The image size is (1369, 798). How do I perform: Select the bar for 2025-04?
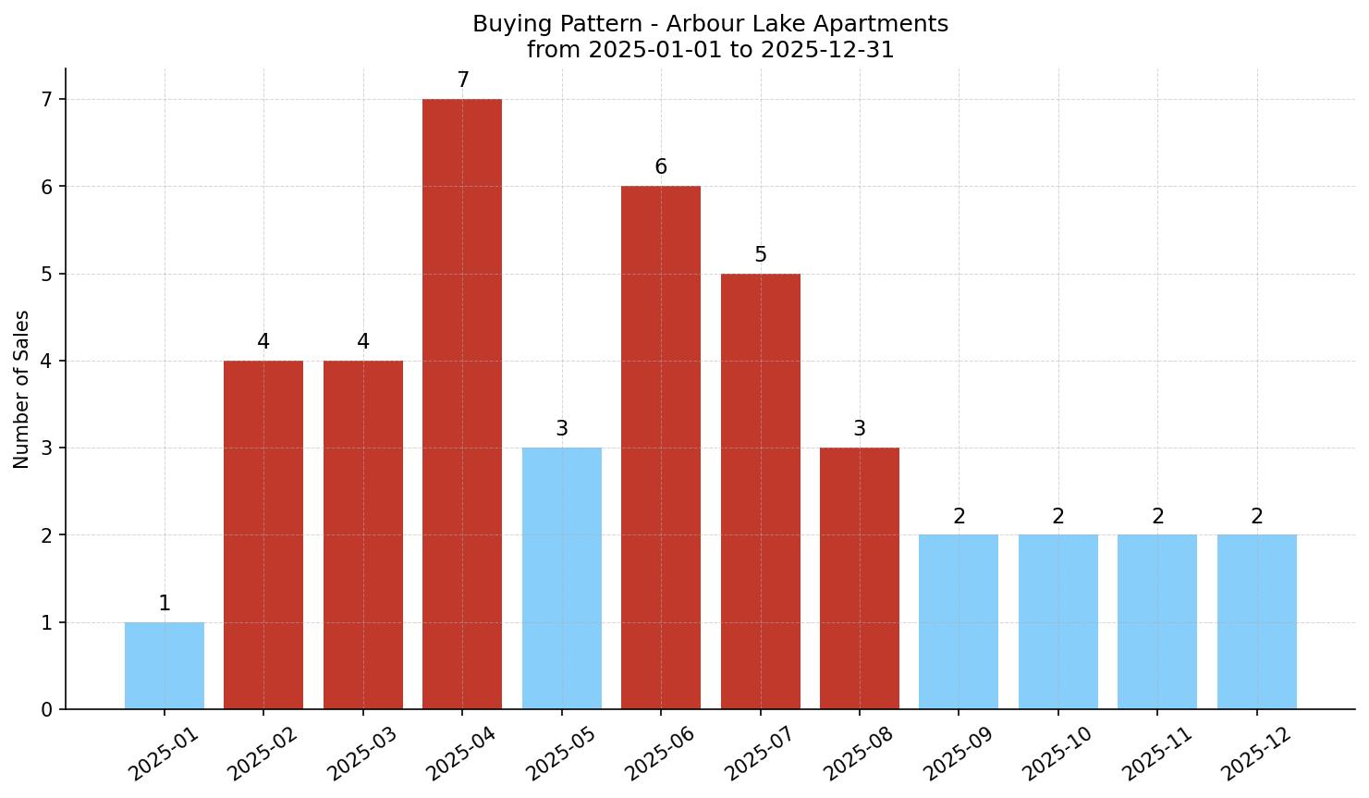pos(462,404)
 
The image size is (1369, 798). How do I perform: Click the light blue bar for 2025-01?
pos(165,666)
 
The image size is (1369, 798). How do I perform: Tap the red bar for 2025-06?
pos(661,448)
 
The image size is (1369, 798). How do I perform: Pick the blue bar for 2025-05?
pos(562,578)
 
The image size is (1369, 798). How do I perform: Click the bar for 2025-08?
pos(860,578)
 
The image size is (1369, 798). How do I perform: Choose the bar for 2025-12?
pos(1256,621)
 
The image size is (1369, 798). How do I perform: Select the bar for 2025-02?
pos(263,534)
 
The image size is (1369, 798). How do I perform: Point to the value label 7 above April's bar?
pos(463,80)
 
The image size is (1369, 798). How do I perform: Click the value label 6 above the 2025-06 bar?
pos(661,167)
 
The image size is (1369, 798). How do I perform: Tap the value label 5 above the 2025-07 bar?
pos(761,255)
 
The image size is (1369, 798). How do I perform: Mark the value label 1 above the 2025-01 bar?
pos(165,604)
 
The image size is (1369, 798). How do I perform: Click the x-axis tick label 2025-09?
pos(959,753)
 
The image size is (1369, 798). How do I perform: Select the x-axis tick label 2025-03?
pos(362,753)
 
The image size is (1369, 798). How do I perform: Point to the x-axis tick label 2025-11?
pos(1156,753)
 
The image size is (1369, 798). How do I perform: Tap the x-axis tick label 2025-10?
pos(1057,753)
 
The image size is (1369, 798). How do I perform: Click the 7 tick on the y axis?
pos(47,99)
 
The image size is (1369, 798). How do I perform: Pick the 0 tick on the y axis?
pos(47,709)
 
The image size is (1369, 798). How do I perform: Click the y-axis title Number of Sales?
pos(21,389)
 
